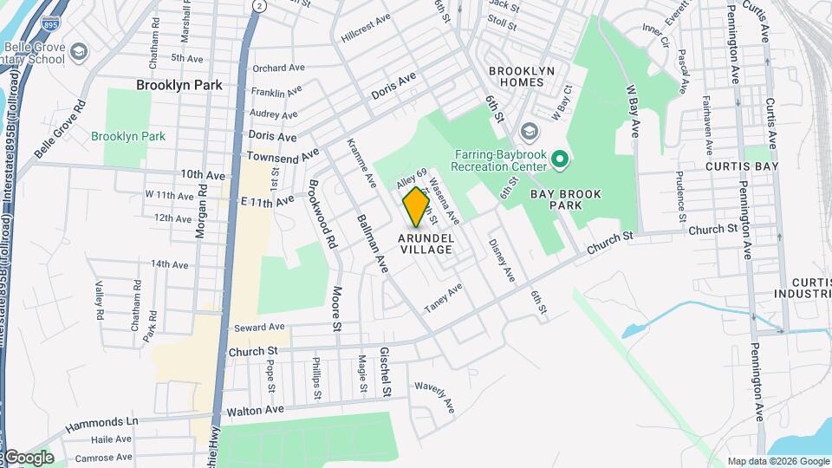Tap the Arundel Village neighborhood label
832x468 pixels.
click(426, 244)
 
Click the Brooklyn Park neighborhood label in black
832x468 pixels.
click(179, 85)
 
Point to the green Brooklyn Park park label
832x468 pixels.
click(128, 136)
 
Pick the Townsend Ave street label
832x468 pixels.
click(282, 156)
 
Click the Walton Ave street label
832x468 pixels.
click(255, 409)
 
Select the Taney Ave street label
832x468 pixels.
click(443, 298)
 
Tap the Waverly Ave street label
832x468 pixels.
click(435, 394)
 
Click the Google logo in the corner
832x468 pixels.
click(28, 458)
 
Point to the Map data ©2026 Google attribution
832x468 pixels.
click(777, 461)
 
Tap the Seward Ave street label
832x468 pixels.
click(259, 327)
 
